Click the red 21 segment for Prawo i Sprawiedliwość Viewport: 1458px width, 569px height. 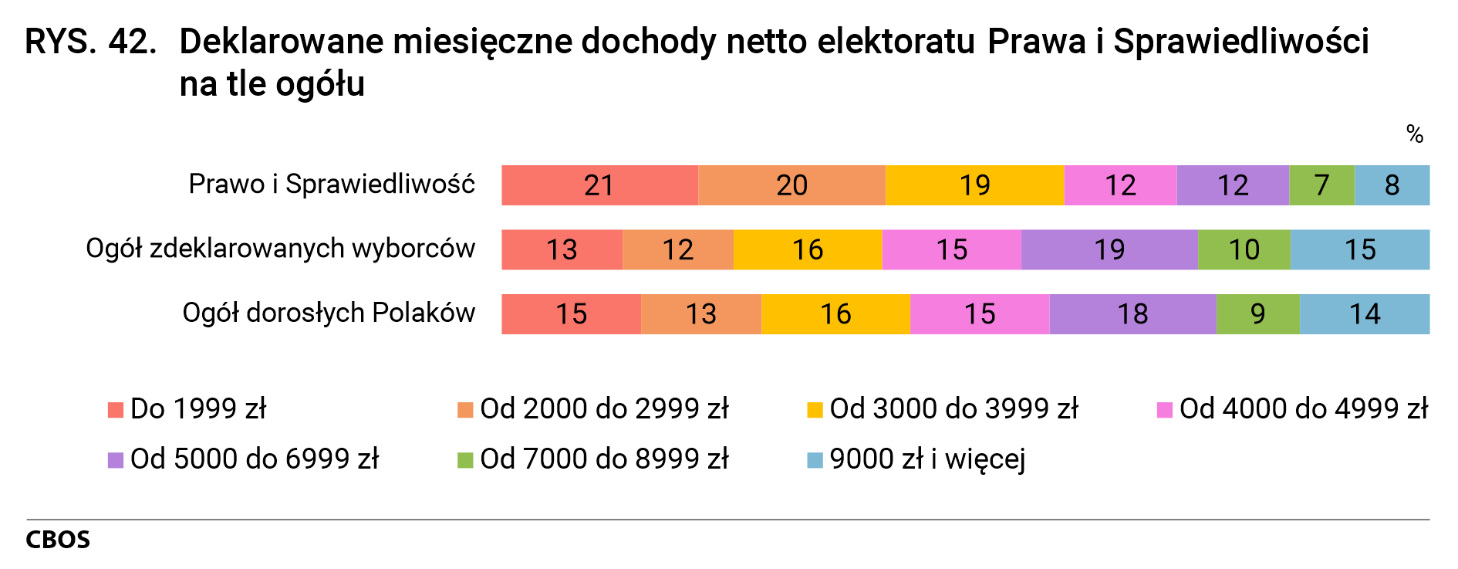(599, 185)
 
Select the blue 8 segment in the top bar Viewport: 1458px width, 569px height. (1392, 185)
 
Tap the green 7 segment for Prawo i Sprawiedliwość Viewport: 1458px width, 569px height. (1321, 185)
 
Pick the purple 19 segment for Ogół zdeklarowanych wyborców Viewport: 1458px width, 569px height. (1109, 249)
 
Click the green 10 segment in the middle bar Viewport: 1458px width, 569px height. (1244, 249)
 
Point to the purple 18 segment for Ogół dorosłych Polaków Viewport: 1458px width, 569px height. (1132, 314)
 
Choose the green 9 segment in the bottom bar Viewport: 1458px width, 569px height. (1257, 314)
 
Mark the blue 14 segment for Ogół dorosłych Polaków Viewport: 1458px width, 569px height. (1364, 314)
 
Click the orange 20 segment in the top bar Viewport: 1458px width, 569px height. (791, 185)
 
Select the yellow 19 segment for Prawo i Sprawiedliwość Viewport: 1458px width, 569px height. (974, 185)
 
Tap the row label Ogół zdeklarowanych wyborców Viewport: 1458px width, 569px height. (280, 249)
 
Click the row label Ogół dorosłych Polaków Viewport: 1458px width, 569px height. (329, 313)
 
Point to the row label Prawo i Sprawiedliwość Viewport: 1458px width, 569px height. (332, 185)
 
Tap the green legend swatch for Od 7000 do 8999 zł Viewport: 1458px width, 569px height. (465, 460)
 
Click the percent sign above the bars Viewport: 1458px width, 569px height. (1414, 134)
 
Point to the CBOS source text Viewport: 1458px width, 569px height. (58, 540)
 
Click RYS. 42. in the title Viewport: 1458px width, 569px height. (91, 42)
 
